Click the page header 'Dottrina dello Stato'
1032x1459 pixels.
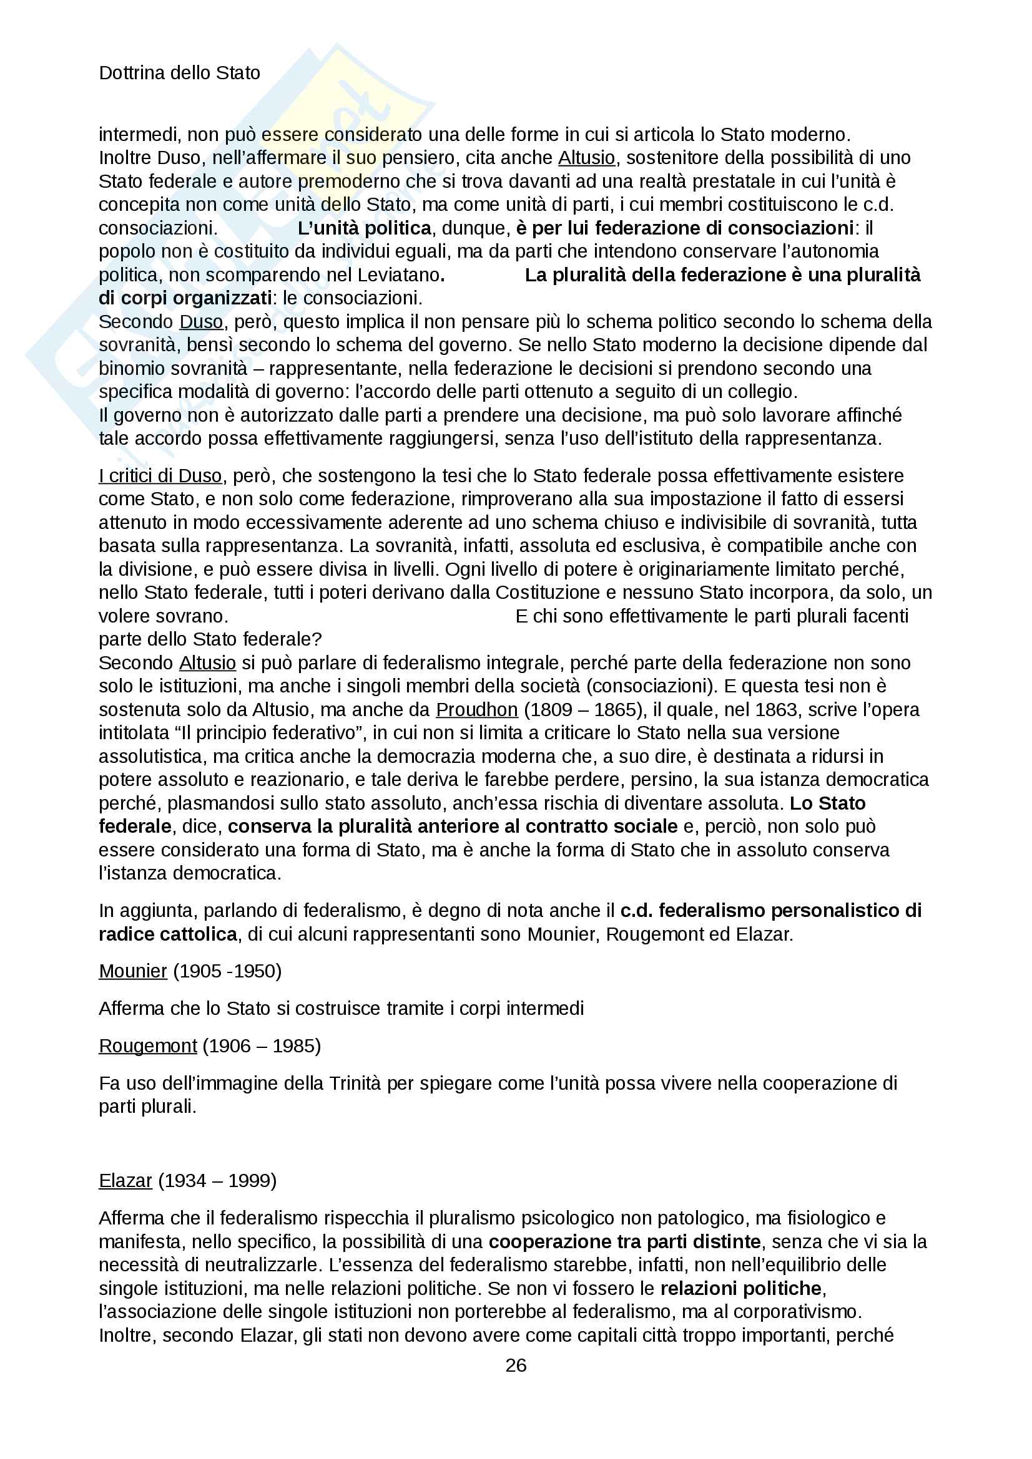click(179, 73)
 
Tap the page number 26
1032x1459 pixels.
click(516, 1365)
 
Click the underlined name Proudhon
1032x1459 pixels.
click(476, 709)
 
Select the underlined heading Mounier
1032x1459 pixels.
click(132, 971)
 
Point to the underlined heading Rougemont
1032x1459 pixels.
click(147, 1045)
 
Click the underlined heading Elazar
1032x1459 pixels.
click(125, 1180)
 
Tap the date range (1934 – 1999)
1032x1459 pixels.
click(217, 1180)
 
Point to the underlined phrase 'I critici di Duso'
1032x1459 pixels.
click(160, 475)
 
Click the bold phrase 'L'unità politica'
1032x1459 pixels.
click(365, 228)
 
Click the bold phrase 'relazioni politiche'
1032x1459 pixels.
click(742, 1288)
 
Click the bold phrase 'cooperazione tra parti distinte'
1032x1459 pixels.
click(624, 1241)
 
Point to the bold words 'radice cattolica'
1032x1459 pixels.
click(168, 934)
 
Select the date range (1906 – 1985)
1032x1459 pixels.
click(262, 1045)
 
